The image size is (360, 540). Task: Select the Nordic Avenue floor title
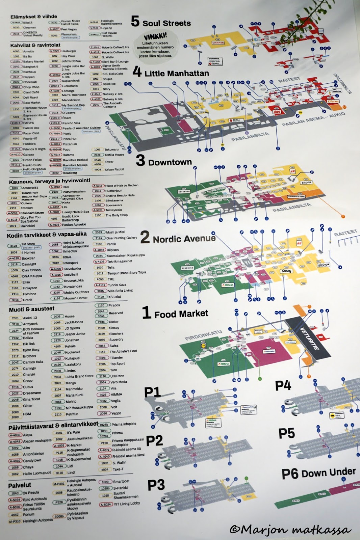pos(184,239)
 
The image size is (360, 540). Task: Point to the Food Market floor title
pos(181,314)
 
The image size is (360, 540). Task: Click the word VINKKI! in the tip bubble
pos(155,36)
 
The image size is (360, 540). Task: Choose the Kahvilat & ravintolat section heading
pos(35,45)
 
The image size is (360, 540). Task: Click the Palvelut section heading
pos(20,485)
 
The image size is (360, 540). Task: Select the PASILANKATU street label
pos(116,138)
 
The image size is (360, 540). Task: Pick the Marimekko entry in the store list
pos(74,389)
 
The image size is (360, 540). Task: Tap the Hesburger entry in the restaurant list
pos(69,51)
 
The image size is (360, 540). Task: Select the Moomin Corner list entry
pos(76,298)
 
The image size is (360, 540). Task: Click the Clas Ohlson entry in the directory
pos(31,270)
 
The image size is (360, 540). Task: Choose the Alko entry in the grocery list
pos(26,448)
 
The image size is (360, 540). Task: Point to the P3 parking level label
pos(156,485)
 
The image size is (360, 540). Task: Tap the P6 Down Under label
pos(318,473)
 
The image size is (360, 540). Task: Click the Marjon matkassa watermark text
pos(290,529)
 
